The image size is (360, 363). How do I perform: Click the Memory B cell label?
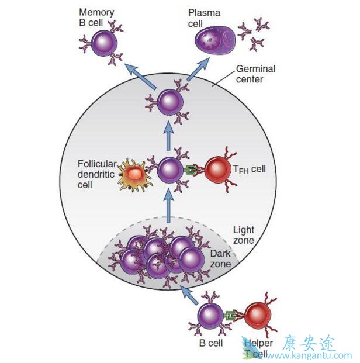96,16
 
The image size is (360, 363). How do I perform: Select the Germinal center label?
255,73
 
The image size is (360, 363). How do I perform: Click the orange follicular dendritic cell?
134,174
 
